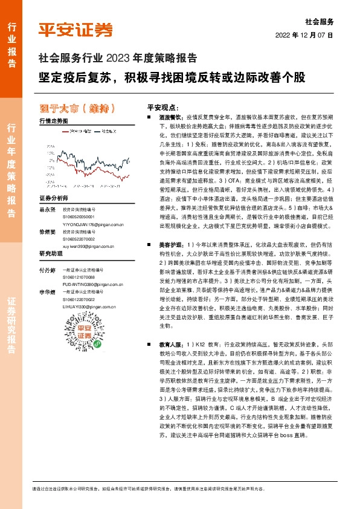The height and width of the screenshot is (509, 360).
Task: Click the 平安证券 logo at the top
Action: tap(75, 30)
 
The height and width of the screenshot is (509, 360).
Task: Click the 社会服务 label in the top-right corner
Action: tap(320, 21)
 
